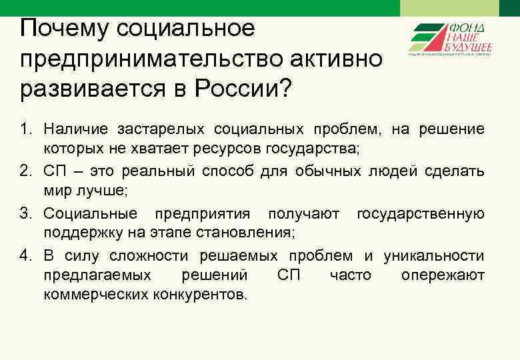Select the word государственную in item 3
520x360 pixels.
(x=421, y=214)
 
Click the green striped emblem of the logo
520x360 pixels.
(x=429, y=38)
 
